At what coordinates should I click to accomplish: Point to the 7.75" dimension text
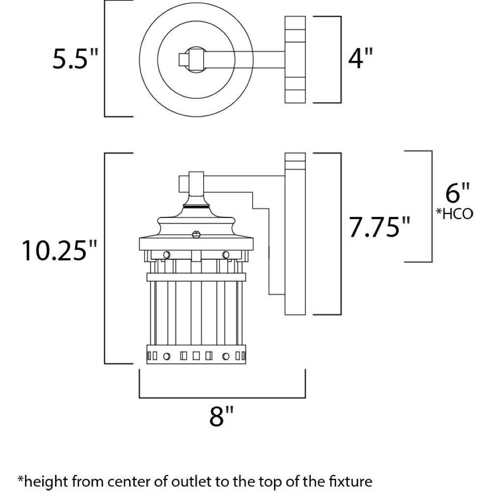(x=379, y=227)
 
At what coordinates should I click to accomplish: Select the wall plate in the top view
(x=295, y=59)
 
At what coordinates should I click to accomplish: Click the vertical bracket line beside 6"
(x=431, y=206)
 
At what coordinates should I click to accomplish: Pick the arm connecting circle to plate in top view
(x=245, y=59)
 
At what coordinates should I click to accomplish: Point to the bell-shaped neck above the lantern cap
(x=196, y=201)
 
